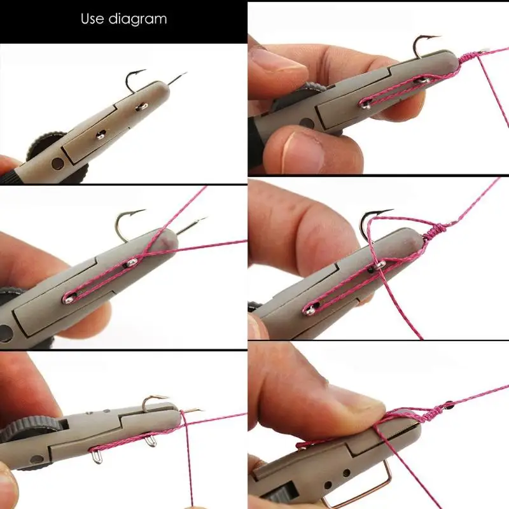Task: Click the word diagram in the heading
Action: coord(137,20)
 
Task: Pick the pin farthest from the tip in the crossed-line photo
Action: coord(68,298)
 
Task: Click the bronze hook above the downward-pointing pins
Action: coord(153,401)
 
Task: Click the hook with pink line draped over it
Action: coord(372,220)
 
